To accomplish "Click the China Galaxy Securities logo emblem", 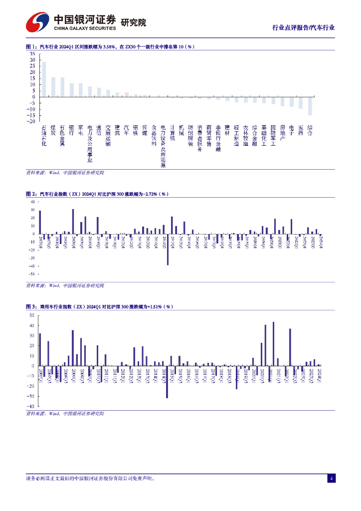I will click(38, 22).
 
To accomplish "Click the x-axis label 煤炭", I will click(53, 131).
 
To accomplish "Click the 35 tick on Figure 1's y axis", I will click(32, 53).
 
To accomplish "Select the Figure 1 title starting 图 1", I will click(110, 46).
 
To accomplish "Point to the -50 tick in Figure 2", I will click(31, 274).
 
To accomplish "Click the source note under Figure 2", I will click(65, 285).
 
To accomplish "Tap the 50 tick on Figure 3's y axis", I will click(31, 315).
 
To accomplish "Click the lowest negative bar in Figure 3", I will click(167, 382).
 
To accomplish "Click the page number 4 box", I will click(332, 479).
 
